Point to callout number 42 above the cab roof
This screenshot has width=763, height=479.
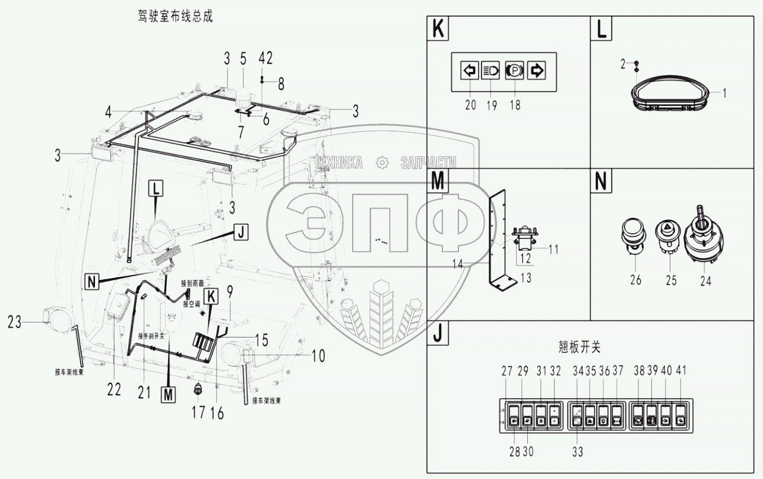point(265,58)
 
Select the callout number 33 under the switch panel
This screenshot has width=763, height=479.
point(578,452)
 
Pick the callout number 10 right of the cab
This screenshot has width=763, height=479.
point(318,357)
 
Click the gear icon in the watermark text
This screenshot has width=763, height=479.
point(382,162)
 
